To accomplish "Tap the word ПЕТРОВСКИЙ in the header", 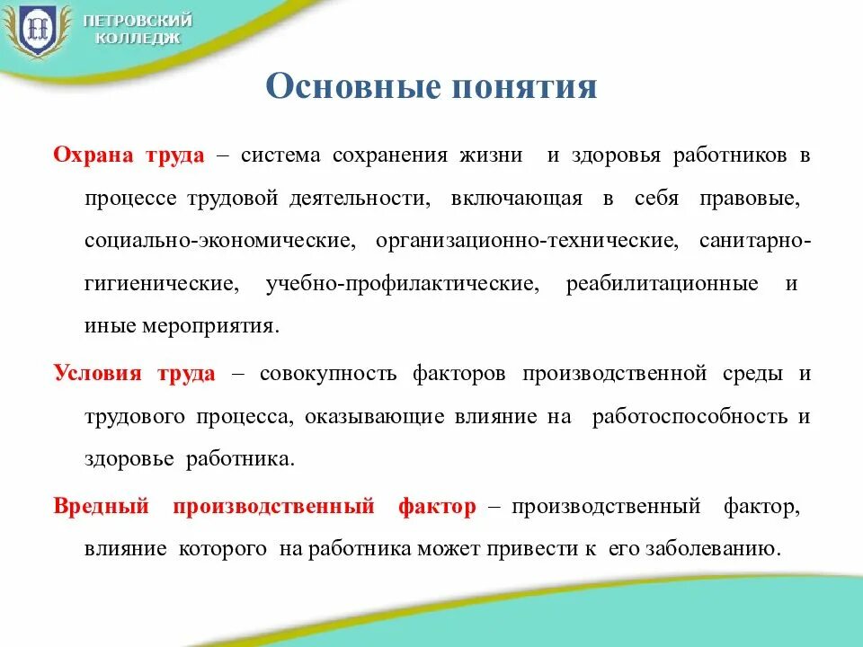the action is point(138,21).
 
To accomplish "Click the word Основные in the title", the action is point(353,86).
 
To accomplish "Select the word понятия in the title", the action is point(524,87).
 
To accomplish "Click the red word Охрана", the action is point(93,155).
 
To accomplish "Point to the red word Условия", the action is point(97,373).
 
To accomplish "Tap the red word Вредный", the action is point(101,506).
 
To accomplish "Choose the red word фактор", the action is point(437,507).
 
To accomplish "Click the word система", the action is point(280,155).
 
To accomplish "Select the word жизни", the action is point(491,155).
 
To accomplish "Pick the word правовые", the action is point(750,199).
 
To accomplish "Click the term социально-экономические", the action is point(220,241).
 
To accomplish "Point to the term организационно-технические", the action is point(528,241).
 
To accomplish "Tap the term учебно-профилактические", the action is point(403,284).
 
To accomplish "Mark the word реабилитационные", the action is point(663,284).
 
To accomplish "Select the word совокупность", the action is point(328,374).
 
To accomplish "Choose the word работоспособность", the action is point(690,416).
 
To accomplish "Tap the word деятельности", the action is point(360,199).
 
